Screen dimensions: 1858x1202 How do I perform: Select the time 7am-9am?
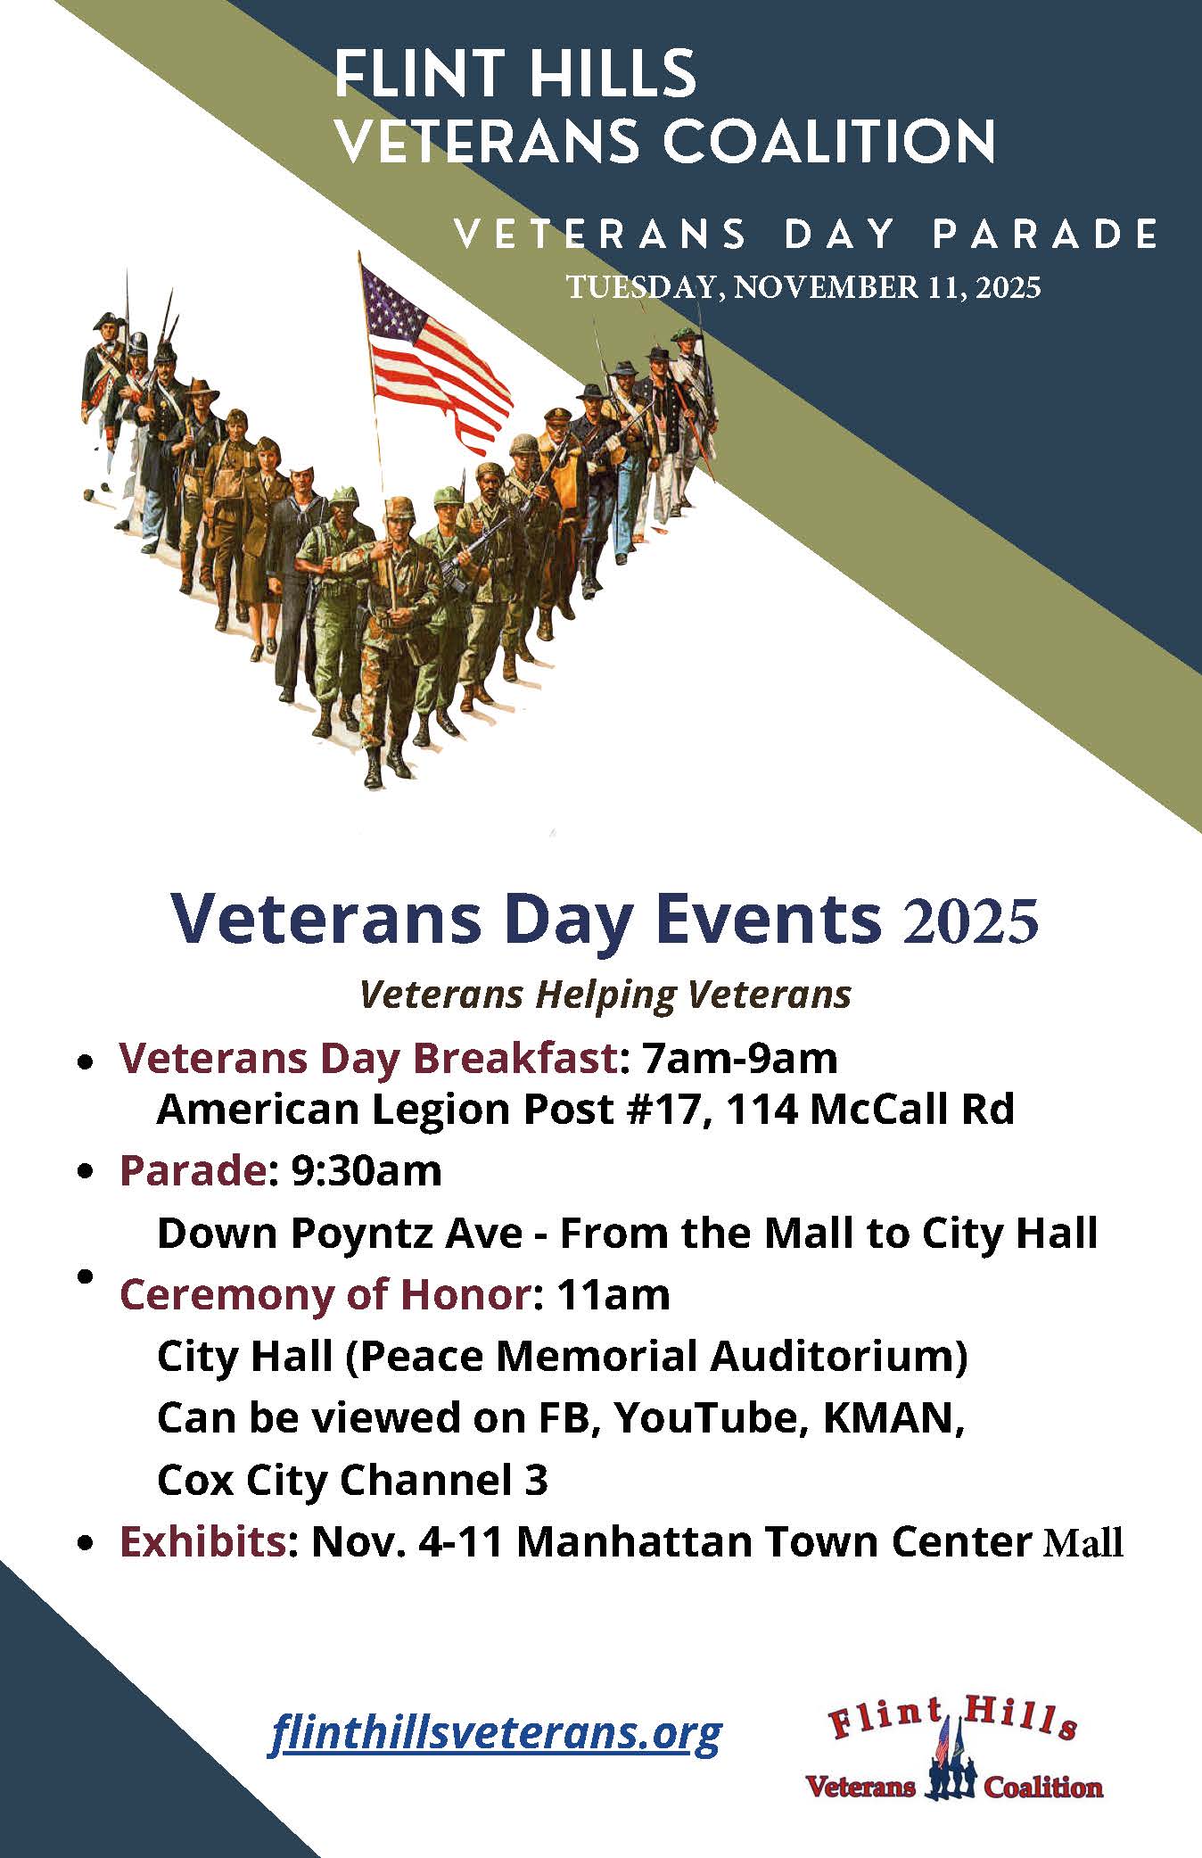(x=739, y=1059)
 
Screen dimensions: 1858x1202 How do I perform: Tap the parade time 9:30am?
(x=366, y=1171)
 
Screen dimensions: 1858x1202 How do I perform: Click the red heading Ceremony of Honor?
(x=325, y=1294)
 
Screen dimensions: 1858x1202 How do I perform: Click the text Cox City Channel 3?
(x=352, y=1480)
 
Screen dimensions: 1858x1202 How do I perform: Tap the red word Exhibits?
(x=202, y=1541)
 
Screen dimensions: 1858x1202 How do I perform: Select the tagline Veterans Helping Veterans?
(x=605, y=994)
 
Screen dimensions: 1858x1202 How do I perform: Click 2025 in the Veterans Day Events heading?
(x=970, y=922)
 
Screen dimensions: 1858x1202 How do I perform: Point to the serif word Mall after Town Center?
(x=1082, y=1542)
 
